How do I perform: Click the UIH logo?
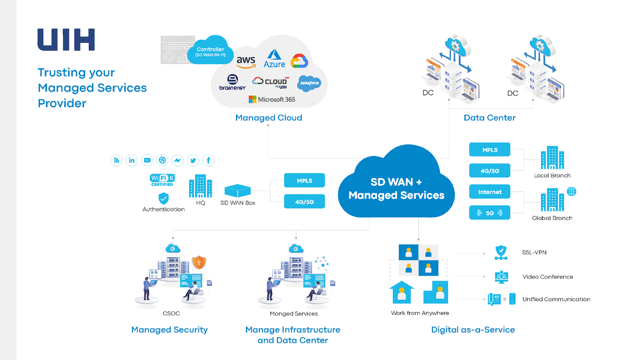coord(66,40)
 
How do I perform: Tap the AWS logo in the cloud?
coord(246,62)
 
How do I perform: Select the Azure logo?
coord(274,59)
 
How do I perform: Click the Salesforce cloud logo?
coord(309,83)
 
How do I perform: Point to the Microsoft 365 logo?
coord(272,100)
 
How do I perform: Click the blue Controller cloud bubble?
coord(210,51)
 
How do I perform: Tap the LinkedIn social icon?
coord(132,160)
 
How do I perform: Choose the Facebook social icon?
coord(208,160)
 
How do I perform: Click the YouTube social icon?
coord(147,160)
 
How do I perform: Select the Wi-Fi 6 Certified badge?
coord(162,180)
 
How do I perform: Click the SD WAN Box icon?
coord(238,190)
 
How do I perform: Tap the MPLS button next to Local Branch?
coord(490,150)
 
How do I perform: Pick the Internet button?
coord(490,192)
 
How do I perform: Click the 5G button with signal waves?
coord(490,213)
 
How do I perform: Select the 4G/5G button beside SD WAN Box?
coord(304,202)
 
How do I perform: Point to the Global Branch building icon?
coord(552,200)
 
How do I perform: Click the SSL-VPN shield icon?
coord(501,253)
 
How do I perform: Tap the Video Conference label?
coord(548,277)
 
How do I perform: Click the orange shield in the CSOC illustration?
coord(199,262)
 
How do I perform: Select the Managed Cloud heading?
coord(269,118)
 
